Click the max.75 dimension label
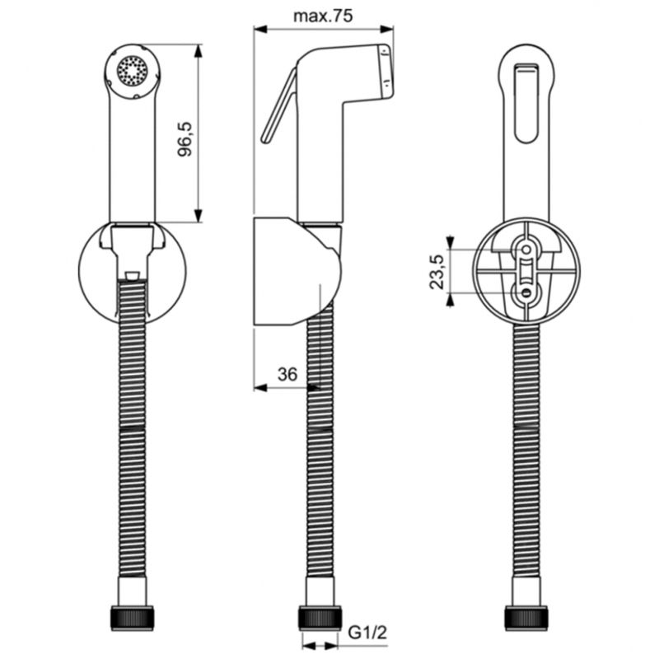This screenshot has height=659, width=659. (x=323, y=16)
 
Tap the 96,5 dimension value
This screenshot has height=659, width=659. (x=185, y=139)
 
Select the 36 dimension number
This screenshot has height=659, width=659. (x=287, y=374)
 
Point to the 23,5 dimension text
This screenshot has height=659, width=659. (x=437, y=272)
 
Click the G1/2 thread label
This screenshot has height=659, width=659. (x=367, y=632)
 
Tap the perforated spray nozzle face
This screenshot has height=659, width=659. (x=133, y=71)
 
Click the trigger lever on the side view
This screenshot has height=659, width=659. (x=279, y=106)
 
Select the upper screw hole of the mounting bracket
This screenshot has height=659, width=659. (x=526, y=250)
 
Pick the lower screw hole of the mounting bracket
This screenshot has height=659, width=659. (x=526, y=292)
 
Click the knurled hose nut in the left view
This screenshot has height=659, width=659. (x=133, y=618)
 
